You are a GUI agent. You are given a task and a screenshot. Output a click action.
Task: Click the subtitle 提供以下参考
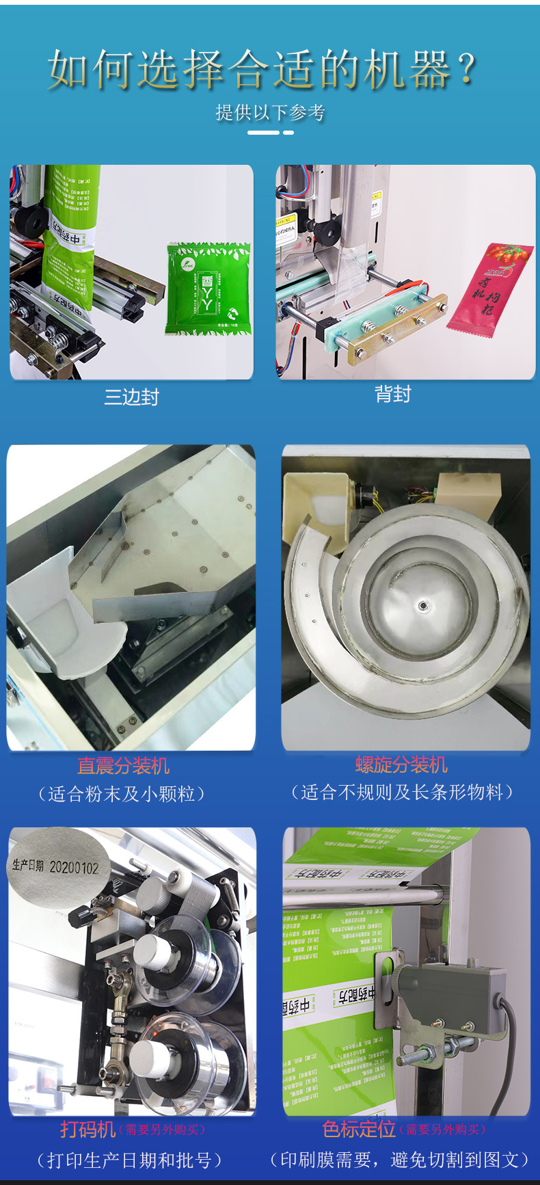(270, 112)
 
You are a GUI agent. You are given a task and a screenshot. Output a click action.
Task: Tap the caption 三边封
(131, 397)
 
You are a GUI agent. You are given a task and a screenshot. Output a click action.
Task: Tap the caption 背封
(392, 394)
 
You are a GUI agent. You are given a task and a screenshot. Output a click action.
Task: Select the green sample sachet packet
(207, 289)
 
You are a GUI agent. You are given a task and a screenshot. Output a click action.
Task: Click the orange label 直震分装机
(123, 766)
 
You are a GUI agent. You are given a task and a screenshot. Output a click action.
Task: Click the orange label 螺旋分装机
(401, 764)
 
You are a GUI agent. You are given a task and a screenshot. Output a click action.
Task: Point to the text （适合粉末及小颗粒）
(122, 794)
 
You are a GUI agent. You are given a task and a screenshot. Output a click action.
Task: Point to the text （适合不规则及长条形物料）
(401, 793)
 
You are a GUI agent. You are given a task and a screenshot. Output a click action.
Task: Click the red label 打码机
(87, 1129)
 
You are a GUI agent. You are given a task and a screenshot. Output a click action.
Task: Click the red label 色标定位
(359, 1129)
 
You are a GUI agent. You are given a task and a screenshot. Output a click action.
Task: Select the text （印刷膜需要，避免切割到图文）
(400, 1160)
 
